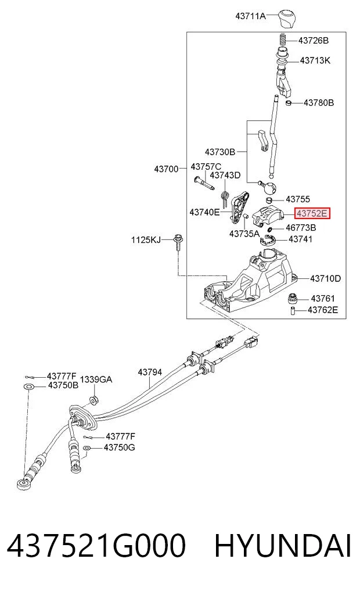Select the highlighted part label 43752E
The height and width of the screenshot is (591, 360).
click(x=312, y=214)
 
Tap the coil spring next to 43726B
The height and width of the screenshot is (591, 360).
click(x=283, y=40)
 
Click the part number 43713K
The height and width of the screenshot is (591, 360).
click(x=315, y=60)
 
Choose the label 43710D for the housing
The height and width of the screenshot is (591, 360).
click(x=325, y=278)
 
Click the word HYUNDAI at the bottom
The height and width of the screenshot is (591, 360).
click(x=283, y=545)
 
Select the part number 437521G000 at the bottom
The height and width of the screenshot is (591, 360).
click(x=96, y=545)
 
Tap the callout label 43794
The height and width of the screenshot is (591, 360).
click(x=150, y=372)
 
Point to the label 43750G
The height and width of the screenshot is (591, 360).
click(x=119, y=447)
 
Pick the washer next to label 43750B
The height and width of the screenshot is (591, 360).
click(x=28, y=386)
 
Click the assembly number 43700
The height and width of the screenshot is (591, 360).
click(x=166, y=169)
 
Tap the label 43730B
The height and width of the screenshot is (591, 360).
click(x=220, y=152)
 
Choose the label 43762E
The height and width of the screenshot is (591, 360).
click(x=323, y=310)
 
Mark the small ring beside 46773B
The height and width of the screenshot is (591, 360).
click(x=270, y=230)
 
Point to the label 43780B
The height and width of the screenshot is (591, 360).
click(x=319, y=102)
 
